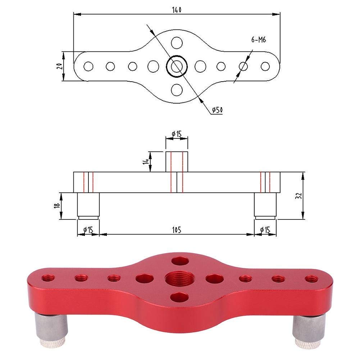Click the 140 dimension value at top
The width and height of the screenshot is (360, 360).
tap(177, 10)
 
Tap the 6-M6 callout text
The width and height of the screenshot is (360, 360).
tap(258, 40)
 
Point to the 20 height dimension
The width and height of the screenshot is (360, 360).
tap(60, 66)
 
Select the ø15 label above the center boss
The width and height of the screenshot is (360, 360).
tap(177, 134)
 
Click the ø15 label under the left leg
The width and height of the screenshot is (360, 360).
tap(88, 229)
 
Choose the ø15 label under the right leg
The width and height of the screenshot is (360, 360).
tap(265, 229)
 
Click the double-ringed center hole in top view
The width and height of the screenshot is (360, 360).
tap(176, 66)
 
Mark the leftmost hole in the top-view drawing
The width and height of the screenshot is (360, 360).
tap(88, 66)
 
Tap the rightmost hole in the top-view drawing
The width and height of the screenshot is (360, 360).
tap(265, 66)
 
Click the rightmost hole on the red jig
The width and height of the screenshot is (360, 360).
tap(311, 278)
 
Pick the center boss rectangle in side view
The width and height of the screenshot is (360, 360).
tap(177, 161)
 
